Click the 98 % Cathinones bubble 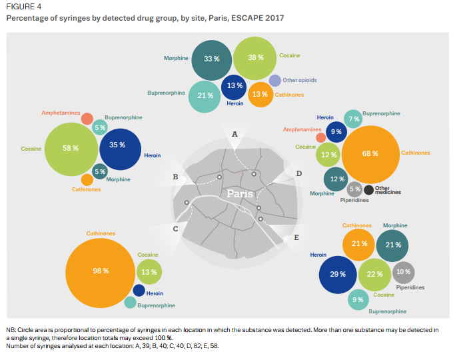[101, 271]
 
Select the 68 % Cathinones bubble [370, 153]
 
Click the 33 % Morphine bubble [211, 59]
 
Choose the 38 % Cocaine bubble [256, 57]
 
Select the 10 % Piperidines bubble [403, 272]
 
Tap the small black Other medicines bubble [368, 191]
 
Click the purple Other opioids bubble [274, 81]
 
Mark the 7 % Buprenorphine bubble [353, 119]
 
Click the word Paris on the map [239, 194]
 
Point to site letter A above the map [234, 134]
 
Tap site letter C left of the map [175, 229]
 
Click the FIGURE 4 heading [21, 7]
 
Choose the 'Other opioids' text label [300, 80]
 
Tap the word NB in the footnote [11, 331]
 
